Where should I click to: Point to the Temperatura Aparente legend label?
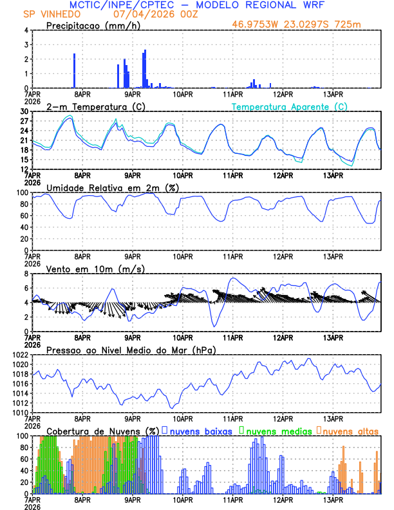click(289, 106)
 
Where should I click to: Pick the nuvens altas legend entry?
click(349, 430)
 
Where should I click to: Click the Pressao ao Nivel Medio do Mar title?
click(131, 350)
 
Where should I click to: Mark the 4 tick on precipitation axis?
click(26, 30)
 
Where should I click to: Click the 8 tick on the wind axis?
click(26, 274)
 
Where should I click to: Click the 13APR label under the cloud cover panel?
click(332, 500)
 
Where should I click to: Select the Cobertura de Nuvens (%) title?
click(102, 430)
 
